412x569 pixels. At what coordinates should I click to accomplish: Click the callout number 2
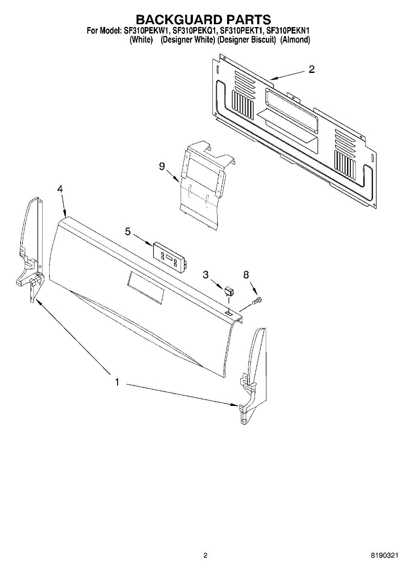pos(311,69)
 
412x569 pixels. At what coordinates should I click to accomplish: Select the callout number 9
pos(162,166)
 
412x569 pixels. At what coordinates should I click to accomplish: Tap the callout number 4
pos(60,189)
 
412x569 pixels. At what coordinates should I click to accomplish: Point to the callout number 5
pos(128,231)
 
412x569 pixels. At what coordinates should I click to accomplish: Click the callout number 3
pos(206,274)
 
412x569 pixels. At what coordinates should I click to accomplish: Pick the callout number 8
pos(246,275)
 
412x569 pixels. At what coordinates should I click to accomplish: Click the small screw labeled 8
pos(258,300)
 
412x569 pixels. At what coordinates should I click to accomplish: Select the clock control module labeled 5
pos(170,257)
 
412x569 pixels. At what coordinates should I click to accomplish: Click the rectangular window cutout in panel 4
pos(145,288)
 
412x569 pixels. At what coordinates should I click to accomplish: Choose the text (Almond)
pos(295,40)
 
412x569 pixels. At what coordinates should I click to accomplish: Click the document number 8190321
pos(385,555)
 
